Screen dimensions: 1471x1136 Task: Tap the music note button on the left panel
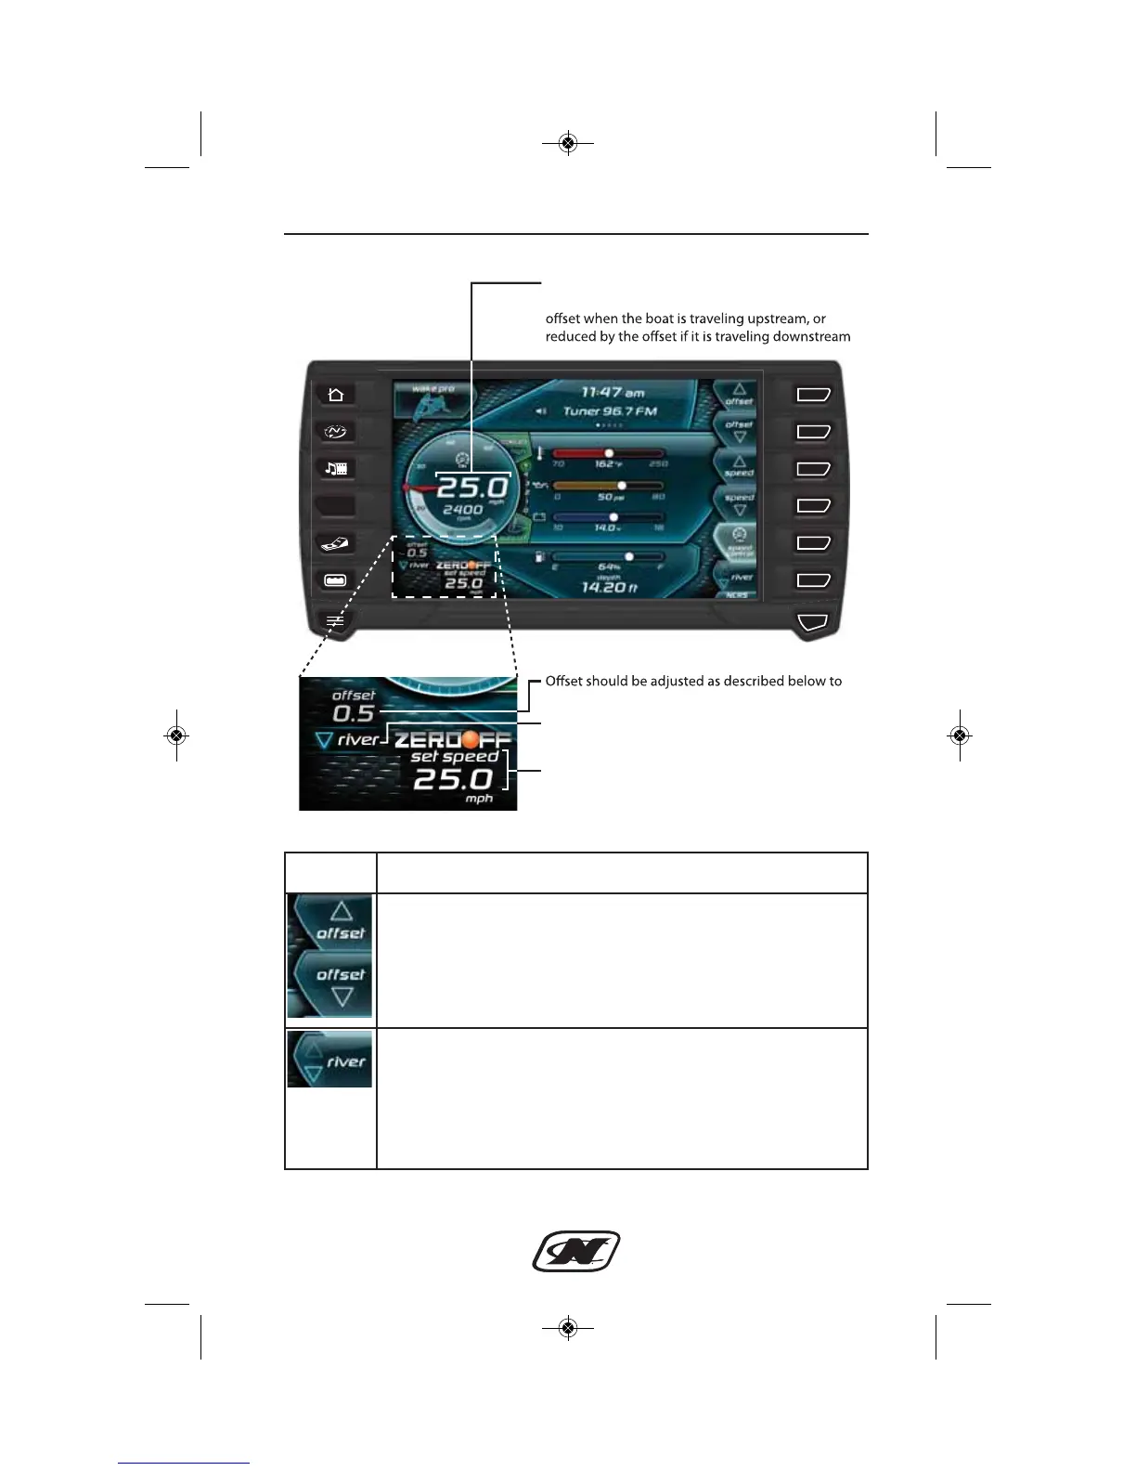coord(336,469)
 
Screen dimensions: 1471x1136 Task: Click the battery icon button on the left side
coord(336,580)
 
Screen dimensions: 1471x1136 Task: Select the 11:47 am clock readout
coord(612,393)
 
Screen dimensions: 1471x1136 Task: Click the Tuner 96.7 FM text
coord(610,410)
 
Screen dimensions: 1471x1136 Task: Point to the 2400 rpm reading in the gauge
coord(462,510)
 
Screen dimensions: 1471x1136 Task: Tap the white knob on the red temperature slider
coord(609,453)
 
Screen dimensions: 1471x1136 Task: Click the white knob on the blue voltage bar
coord(613,517)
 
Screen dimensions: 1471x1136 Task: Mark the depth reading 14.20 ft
coord(609,587)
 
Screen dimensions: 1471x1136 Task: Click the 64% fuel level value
coord(609,566)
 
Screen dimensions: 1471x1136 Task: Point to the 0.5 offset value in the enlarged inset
coord(354,713)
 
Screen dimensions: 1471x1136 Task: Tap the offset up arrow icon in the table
coord(341,914)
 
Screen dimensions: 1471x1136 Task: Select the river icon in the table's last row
coord(329,1060)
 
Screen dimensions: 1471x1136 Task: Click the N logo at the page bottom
coord(575,1252)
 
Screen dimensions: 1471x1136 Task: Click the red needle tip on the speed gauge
coord(407,487)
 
